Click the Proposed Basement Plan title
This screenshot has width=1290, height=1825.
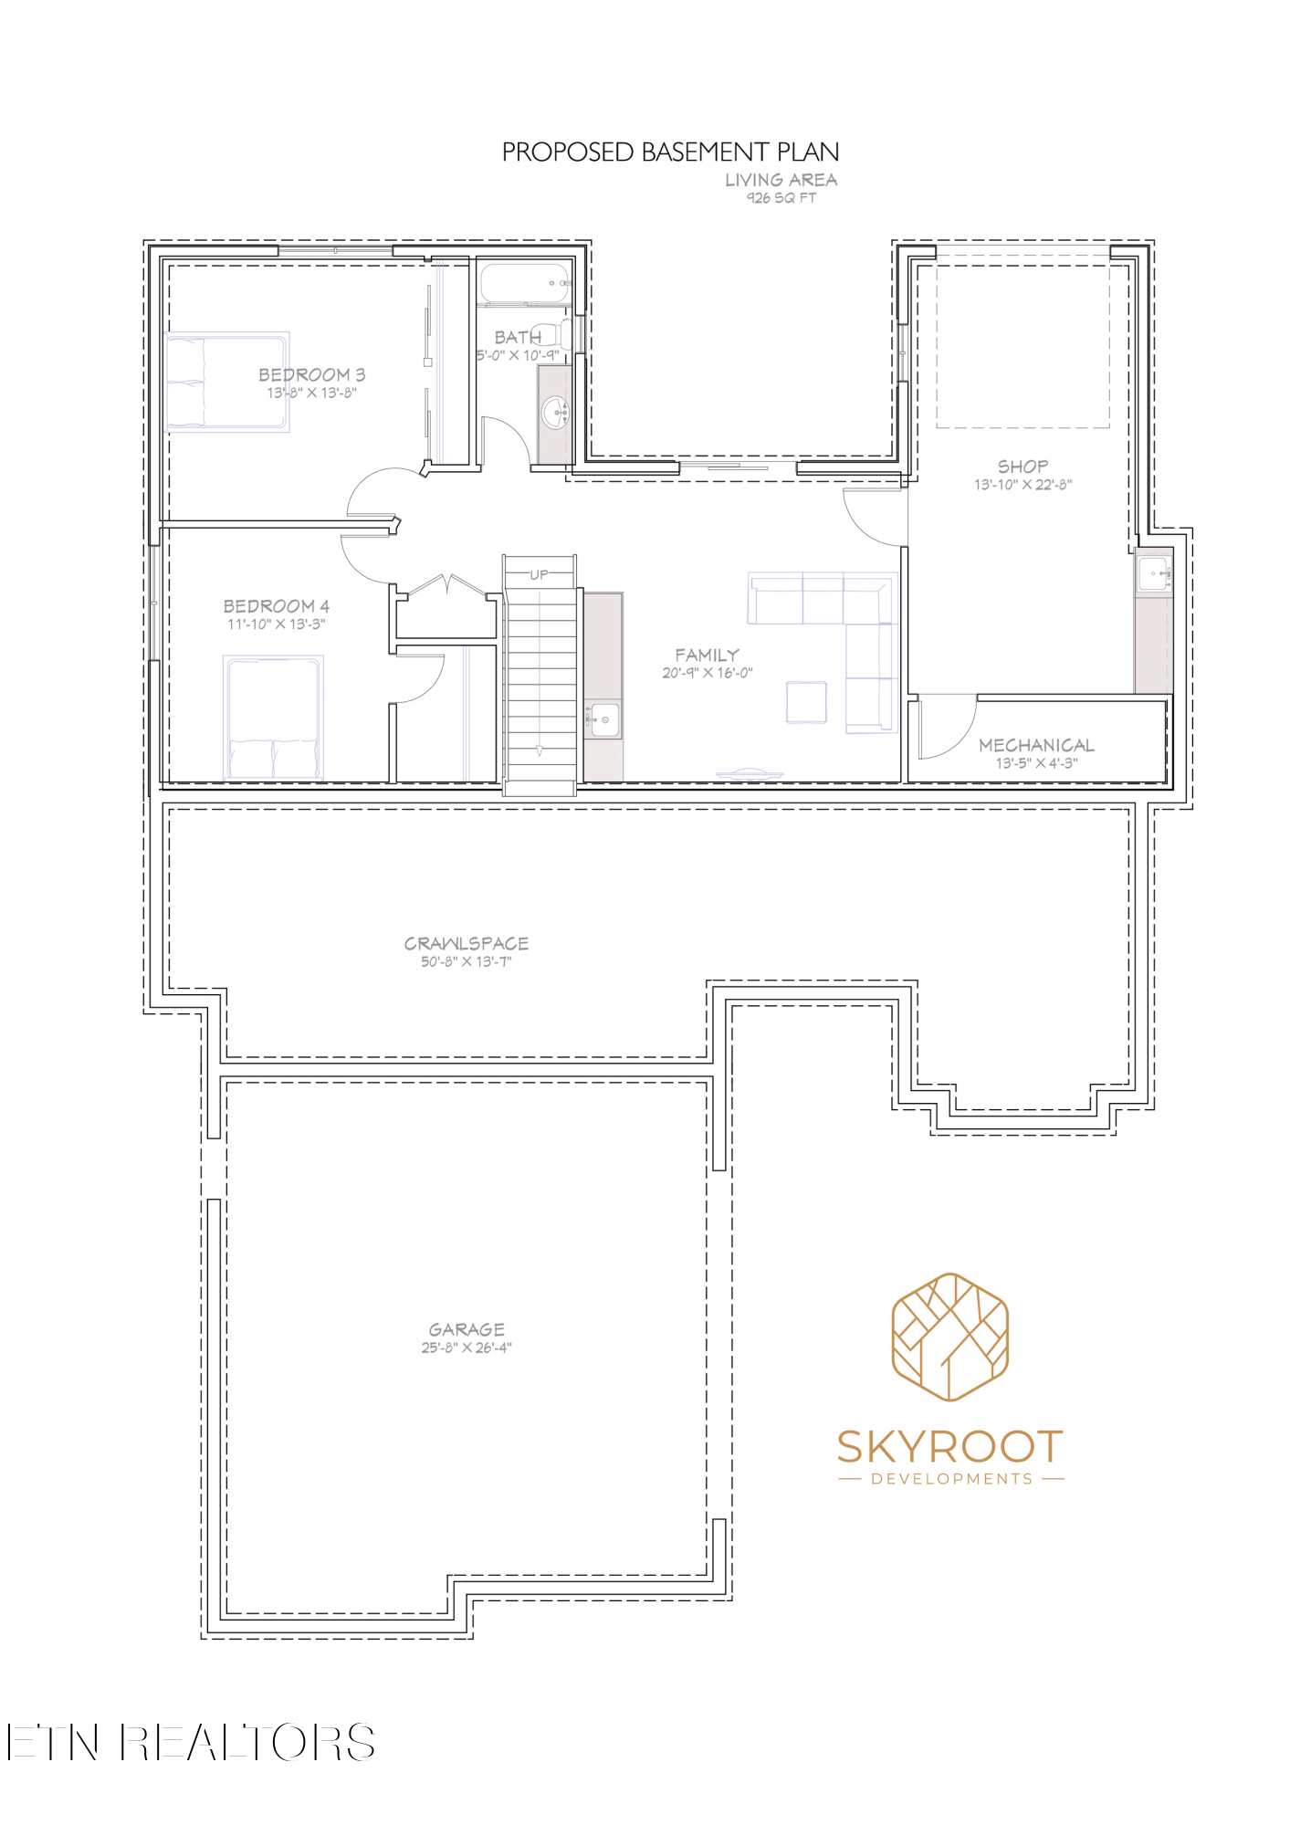point(670,152)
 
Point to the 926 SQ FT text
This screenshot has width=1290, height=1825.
point(781,198)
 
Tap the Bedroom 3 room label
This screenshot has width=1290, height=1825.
point(311,374)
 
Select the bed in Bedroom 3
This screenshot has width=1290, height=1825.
point(227,382)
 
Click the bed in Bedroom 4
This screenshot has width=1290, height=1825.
point(274,718)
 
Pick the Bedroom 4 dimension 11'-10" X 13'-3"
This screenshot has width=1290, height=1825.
point(277,624)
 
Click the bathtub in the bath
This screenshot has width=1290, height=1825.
point(525,284)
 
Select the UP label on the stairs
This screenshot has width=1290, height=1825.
point(540,575)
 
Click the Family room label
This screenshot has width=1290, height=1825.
point(707,655)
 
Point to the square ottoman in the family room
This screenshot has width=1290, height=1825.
point(806,702)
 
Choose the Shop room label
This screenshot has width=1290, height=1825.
point(1023,467)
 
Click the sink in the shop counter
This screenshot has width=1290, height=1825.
point(1153,573)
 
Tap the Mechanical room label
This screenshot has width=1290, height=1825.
point(1036,745)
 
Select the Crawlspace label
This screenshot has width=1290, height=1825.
point(467,943)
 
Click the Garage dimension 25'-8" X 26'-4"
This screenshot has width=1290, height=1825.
point(467,1348)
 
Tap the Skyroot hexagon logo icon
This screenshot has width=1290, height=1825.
point(949,1337)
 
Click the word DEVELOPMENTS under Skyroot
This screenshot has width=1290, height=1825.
point(952,1479)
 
